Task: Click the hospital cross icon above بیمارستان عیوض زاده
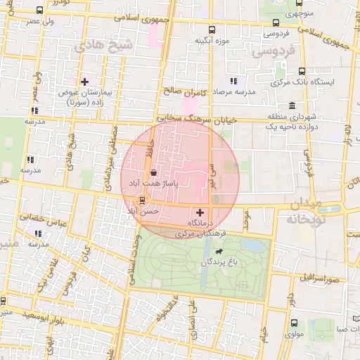[x=85, y=82]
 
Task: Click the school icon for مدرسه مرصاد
[x=233, y=82]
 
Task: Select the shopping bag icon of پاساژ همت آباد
[x=153, y=172]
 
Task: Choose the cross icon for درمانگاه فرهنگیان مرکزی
[x=200, y=212]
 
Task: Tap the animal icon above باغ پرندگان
[x=220, y=251]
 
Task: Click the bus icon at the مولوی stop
[x=294, y=323]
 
